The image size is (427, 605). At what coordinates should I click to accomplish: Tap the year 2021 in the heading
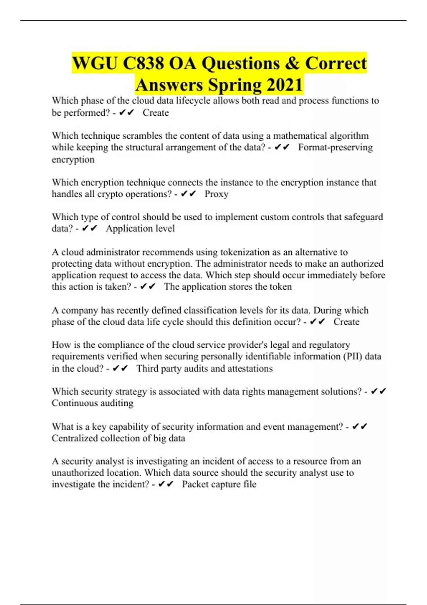(284, 85)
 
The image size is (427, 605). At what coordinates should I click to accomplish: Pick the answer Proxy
(216, 194)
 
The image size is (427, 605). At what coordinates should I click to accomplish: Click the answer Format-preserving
(335, 147)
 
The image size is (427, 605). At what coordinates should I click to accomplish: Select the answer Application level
(140, 228)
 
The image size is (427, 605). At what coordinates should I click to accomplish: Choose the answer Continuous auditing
(93, 403)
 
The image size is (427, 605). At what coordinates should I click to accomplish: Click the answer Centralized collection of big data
(118, 438)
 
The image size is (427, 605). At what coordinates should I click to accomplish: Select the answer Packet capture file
(219, 484)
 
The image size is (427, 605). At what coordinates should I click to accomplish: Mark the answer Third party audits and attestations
(205, 368)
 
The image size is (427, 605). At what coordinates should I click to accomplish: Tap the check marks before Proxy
(189, 194)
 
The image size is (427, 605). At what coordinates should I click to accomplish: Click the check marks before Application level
(89, 228)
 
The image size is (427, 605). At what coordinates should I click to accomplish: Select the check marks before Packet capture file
(166, 484)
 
